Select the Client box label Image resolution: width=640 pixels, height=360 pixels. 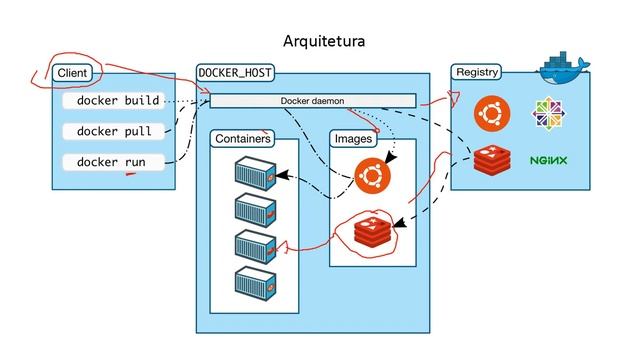[x=73, y=73]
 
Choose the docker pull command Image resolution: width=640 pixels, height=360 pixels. [x=114, y=131]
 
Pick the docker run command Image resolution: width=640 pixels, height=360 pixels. [x=111, y=161]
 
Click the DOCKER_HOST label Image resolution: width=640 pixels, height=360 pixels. [x=236, y=73]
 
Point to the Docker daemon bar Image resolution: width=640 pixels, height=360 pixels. [x=311, y=100]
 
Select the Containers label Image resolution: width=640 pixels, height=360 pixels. [x=242, y=139]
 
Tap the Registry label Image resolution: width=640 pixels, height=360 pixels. [x=476, y=73]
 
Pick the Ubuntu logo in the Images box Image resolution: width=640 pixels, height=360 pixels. [x=372, y=178]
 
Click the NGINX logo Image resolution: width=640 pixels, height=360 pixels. [x=548, y=160]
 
